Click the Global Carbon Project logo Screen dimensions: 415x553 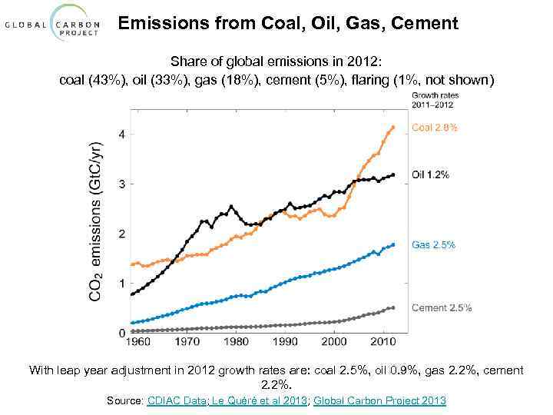(x=53, y=24)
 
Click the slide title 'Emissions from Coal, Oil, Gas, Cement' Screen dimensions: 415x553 (x=288, y=24)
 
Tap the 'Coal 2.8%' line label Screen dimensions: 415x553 (x=435, y=128)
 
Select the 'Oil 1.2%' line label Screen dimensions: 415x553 (x=430, y=174)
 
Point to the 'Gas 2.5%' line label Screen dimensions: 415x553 (x=433, y=244)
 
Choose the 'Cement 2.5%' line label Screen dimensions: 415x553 (x=442, y=307)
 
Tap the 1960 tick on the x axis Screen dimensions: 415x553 (x=135, y=341)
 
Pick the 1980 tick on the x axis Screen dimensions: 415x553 (x=236, y=341)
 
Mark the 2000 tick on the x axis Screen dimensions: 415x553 (x=335, y=341)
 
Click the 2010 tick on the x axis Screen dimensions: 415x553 (x=385, y=341)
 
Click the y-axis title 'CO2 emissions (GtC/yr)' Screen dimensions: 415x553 (x=96, y=221)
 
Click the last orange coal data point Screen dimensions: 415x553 (x=393, y=128)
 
